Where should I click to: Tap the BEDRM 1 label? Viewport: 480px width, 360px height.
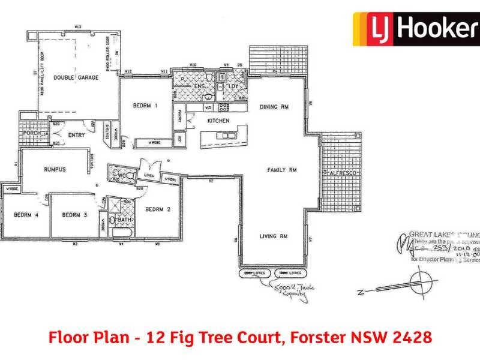pyautogui.click(x=145, y=106)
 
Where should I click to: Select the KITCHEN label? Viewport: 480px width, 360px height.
pyautogui.click(x=218, y=121)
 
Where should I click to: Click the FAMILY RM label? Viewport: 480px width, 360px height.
pyautogui.click(x=282, y=170)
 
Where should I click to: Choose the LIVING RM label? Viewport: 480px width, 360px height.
pyautogui.click(x=274, y=236)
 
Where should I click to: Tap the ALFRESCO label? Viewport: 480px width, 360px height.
pyautogui.click(x=344, y=173)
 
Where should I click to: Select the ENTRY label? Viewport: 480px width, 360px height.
pyautogui.click(x=76, y=135)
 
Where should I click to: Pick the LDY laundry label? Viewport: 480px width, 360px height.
pyautogui.click(x=233, y=86)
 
